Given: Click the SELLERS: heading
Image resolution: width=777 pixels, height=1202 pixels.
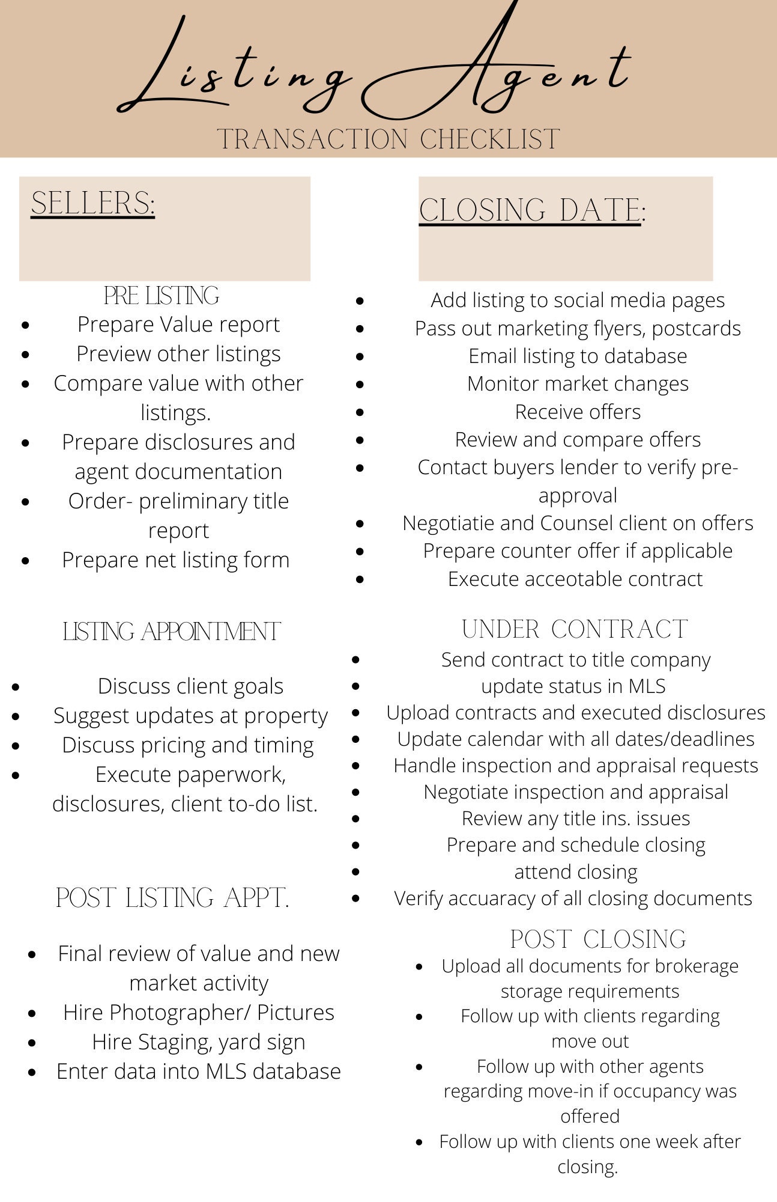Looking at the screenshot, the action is [93, 203].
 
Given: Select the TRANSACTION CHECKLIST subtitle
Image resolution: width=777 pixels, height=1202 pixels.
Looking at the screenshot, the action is [388, 139].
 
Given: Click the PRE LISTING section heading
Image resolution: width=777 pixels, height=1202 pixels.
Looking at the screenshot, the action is [162, 296].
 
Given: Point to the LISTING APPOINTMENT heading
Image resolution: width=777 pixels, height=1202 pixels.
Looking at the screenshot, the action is [172, 632].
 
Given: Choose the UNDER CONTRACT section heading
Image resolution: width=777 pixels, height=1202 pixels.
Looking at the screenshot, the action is [575, 629].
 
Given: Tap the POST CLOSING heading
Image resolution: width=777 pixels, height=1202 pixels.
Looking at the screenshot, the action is [598, 939].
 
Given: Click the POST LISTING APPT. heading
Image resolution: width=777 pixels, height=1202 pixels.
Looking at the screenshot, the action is [173, 898].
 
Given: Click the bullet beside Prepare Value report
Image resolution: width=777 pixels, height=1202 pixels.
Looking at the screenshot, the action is [25, 325].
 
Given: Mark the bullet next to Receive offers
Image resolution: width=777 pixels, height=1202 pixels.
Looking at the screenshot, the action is [360, 412].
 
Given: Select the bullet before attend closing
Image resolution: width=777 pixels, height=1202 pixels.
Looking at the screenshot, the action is [356, 871].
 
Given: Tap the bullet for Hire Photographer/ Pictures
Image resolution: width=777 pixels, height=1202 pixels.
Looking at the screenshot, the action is [32, 1013].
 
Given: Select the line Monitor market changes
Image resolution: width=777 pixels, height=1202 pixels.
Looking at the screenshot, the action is [578, 384].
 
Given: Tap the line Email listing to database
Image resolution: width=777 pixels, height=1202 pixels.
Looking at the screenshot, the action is [578, 356].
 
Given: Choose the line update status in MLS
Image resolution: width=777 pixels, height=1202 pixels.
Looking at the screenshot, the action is [573, 686].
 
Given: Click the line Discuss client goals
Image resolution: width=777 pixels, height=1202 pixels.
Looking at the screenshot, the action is [190, 686].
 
